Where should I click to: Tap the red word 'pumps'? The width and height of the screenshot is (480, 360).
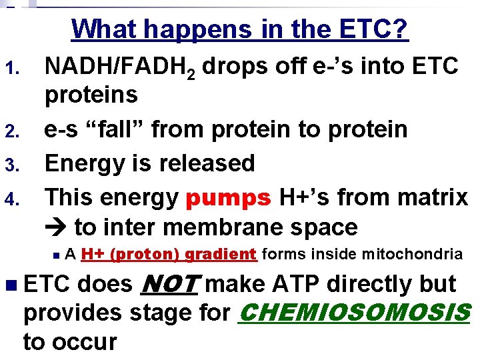tap(228, 197)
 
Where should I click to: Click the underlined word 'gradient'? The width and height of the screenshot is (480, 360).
tap(221, 254)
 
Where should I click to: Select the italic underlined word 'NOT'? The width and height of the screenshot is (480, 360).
tap(170, 284)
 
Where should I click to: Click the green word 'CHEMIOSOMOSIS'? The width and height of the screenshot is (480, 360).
tap(353, 312)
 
